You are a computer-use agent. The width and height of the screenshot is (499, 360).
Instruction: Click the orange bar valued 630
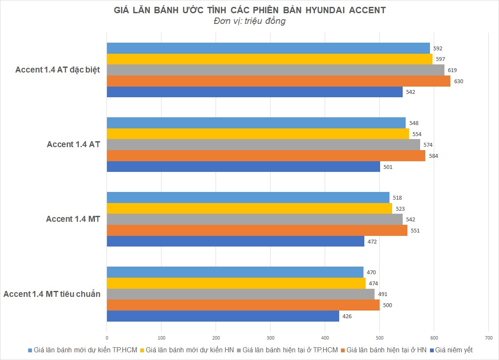click(278, 81)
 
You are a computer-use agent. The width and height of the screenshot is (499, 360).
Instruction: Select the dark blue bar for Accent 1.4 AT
click(243, 167)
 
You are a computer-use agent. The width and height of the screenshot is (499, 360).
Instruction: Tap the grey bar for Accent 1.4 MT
click(254, 219)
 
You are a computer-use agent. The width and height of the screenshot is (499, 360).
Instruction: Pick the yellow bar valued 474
click(236, 283)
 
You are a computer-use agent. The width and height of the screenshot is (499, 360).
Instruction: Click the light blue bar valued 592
click(268, 48)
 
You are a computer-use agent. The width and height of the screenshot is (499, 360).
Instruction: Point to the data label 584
click(433, 156)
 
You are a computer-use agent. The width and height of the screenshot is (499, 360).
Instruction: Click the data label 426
click(347, 316)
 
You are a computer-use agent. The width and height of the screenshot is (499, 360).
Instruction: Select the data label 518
click(397, 198)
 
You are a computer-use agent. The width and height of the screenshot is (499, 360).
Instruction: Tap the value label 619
click(453, 70)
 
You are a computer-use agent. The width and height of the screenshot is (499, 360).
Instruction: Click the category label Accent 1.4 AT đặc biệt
click(58, 70)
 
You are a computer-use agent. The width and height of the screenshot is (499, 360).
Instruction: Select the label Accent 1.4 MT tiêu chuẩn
click(52, 294)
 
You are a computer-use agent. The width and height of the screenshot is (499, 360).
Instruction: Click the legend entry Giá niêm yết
click(454, 350)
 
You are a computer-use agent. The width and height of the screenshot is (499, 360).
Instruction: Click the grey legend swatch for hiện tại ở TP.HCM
click(239, 350)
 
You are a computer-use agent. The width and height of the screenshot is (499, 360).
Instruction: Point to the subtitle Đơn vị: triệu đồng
click(249, 21)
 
